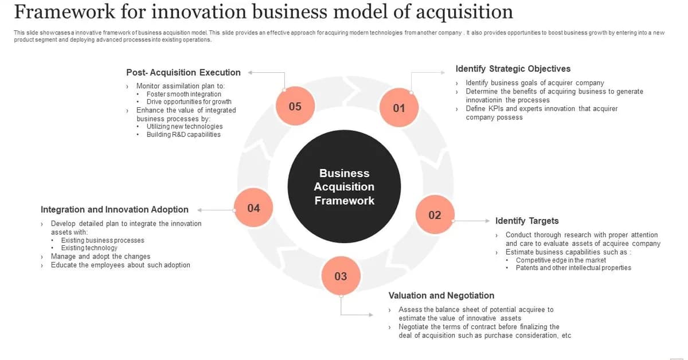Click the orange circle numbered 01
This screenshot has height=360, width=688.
pyautogui.click(x=399, y=108)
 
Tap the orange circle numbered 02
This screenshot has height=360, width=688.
pyautogui.click(x=435, y=215)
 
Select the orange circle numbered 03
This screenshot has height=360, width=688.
pyautogui.click(x=341, y=276)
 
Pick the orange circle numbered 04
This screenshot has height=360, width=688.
pyautogui.click(x=253, y=208)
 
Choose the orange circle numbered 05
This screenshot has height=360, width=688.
pyautogui.click(x=295, y=106)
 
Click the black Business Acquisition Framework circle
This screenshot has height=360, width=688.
pyautogui.click(x=344, y=187)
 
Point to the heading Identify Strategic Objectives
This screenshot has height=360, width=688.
pyautogui.click(x=513, y=69)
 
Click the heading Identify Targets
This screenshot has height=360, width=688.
pyautogui.click(x=526, y=221)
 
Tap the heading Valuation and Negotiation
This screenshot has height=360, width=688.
pyautogui.click(x=441, y=296)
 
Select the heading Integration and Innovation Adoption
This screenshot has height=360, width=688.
pyautogui.click(x=114, y=210)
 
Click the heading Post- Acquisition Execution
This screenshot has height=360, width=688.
pyautogui.click(x=183, y=72)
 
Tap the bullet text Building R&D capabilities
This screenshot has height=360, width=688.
pyautogui.click(x=183, y=134)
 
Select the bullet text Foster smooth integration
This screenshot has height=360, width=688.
pyautogui.click(x=183, y=94)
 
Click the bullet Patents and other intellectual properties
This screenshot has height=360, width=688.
pyautogui.click(x=573, y=268)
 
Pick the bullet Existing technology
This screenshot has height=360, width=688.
pyautogui.click(x=89, y=248)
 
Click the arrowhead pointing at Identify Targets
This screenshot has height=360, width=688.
pyautogui.click(x=488, y=221)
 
